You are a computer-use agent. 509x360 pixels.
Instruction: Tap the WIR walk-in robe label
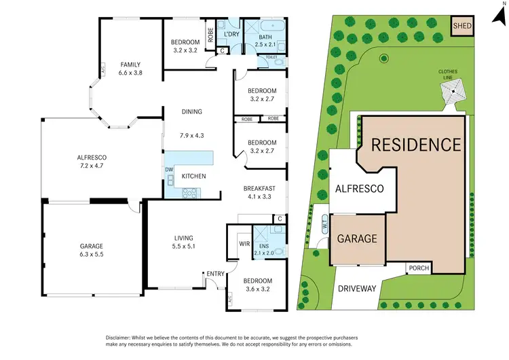[x=244, y=243]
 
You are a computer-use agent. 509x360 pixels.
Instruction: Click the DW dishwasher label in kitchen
[x=168, y=169]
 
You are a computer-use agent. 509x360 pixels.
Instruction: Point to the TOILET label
[x=271, y=58]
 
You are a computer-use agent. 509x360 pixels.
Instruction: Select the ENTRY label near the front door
[x=216, y=274]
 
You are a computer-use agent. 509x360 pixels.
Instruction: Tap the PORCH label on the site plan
[x=419, y=268]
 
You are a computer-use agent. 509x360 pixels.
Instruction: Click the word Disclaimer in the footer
[x=121, y=338]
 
